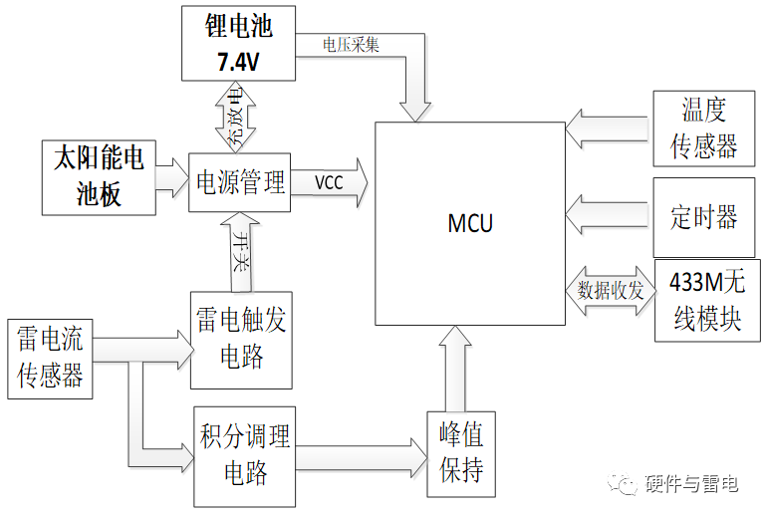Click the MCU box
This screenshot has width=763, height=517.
[x=469, y=222]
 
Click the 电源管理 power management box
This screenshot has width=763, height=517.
[x=239, y=182]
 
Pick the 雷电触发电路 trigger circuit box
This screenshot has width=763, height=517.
[x=241, y=339]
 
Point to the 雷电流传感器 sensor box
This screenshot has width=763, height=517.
[x=50, y=359]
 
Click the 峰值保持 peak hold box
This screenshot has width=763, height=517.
[x=461, y=453]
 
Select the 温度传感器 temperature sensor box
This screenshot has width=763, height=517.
[x=704, y=129]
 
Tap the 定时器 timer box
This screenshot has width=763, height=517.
[x=704, y=215]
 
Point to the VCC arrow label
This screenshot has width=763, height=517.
[x=330, y=183]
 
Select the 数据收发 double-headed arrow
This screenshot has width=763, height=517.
[x=610, y=291]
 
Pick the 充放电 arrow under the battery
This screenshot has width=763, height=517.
[x=236, y=116]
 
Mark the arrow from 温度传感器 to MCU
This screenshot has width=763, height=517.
[x=608, y=128]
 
